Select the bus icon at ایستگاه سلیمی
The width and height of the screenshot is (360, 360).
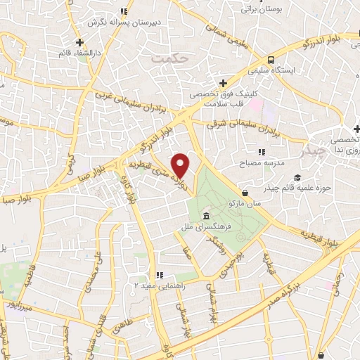271,60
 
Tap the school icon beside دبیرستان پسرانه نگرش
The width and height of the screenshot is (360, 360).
124,11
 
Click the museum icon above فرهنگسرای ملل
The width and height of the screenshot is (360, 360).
205,215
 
